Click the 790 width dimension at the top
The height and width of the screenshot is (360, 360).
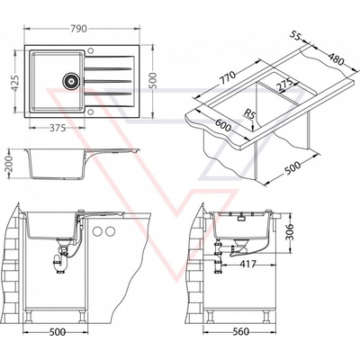click(x=78, y=29)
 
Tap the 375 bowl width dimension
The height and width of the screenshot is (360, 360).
click(x=58, y=128)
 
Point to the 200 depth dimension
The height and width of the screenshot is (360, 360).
click(x=10, y=164)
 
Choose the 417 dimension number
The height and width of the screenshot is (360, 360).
click(x=248, y=264)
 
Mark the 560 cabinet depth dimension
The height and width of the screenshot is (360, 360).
click(x=241, y=331)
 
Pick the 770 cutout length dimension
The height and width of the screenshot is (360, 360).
click(x=229, y=78)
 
